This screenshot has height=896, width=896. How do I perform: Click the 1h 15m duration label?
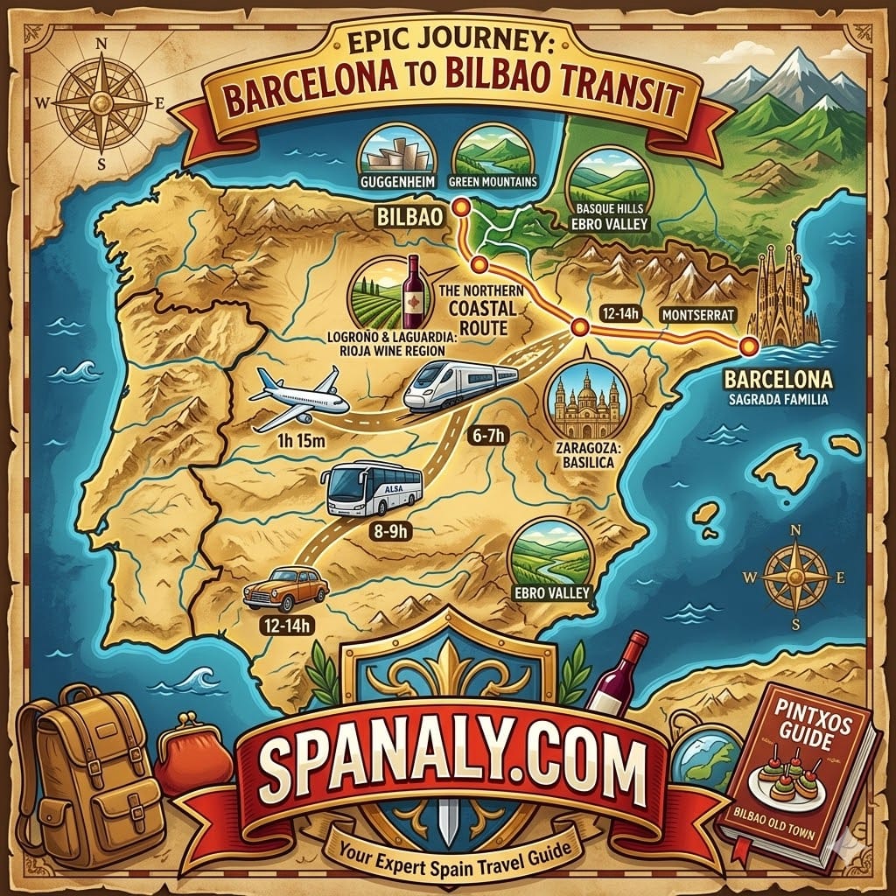point(299,440)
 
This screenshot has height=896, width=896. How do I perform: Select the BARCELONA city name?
point(776,381)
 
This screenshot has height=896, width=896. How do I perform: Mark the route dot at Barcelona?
point(748,346)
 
